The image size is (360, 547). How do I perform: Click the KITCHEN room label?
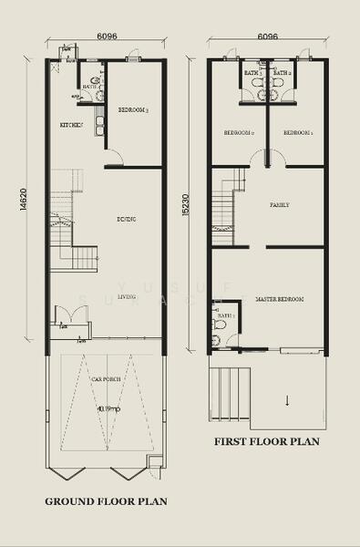[x=71, y=125]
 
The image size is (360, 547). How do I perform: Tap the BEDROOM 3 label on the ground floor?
[x=133, y=109]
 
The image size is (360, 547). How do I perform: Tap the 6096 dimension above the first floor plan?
[x=267, y=38]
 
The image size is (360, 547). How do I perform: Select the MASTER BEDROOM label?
[x=279, y=299]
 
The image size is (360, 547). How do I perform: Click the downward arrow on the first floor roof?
[x=287, y=400]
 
